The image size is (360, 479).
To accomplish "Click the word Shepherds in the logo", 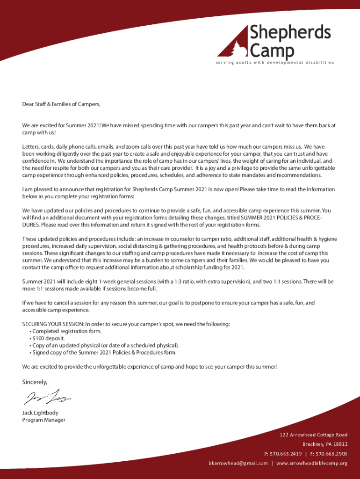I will pos(290,33).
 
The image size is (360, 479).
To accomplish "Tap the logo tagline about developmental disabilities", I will pos(275,63).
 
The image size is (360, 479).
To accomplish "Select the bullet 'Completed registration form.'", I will pos(66,331).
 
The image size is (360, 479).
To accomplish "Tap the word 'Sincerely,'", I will pos(35,382).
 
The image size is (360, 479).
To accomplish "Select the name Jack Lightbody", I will pos(40,413).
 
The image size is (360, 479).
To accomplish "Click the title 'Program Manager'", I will pos(44,420).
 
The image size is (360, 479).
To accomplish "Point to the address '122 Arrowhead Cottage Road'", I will pos(314,435).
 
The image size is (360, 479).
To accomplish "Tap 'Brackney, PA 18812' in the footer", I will pos(325,444).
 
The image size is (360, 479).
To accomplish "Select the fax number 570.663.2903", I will pos(331,454).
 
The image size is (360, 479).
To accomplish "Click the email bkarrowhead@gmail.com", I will pos(238,463).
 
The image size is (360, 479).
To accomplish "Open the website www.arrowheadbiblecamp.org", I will pos(312,463).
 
